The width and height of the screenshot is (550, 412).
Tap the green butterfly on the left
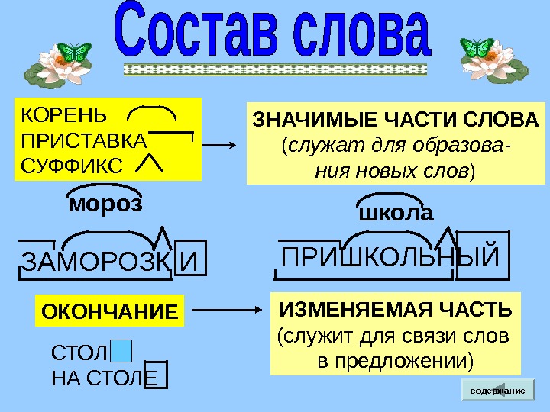click(74, 52)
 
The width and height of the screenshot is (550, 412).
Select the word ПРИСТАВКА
click(84, 141)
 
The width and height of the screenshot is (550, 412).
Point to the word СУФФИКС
click(72, 164)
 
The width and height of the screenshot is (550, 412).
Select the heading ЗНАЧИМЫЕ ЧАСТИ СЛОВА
click(395, 121)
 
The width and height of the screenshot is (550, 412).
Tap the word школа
click(396, 213)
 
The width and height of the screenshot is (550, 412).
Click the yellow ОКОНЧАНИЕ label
click(109, 311)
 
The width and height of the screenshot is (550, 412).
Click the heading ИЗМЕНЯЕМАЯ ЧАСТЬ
click(396, 310)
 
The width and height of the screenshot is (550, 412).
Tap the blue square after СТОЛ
click(121, 351)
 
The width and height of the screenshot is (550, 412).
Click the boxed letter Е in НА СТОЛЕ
click(155, 375)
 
